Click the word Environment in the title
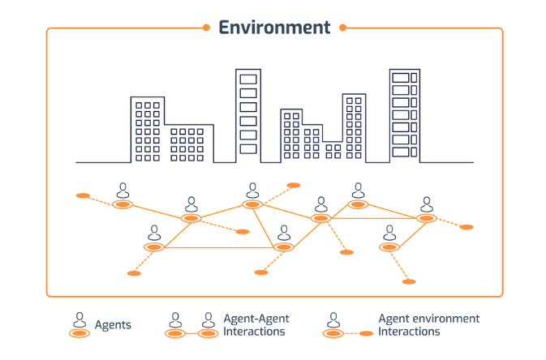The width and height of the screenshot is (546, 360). [274, 28]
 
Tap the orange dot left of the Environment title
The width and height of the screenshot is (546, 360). [206, 28]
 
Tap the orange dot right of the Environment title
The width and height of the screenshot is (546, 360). [342, 28]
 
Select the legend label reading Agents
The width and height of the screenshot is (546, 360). [113, 325]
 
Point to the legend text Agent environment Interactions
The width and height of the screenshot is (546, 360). [428, 325]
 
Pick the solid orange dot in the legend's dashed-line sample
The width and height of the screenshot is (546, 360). [367, 333]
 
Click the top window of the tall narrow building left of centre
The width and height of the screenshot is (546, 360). [248, 79]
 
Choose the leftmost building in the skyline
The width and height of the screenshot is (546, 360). [148, 130]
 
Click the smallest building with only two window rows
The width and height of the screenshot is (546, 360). [333, 152]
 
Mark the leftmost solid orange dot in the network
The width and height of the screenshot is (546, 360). [82, 195]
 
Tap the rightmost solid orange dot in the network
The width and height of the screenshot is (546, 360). [466, 227]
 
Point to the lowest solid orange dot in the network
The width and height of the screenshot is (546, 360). [410, 281]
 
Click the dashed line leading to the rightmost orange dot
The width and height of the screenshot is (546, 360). [448, 223]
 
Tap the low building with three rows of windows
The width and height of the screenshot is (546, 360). [190, 144]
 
